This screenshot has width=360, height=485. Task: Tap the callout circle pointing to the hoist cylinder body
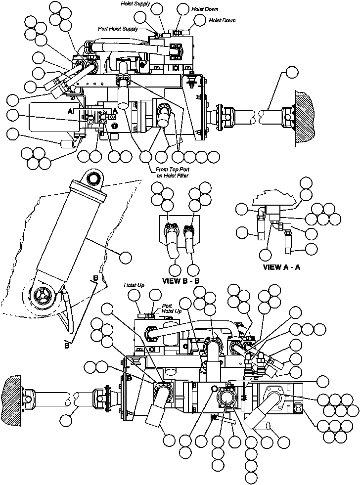point(126,257)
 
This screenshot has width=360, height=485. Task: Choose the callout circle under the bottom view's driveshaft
point(66,420)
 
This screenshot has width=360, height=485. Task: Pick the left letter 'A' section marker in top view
point(71,112)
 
